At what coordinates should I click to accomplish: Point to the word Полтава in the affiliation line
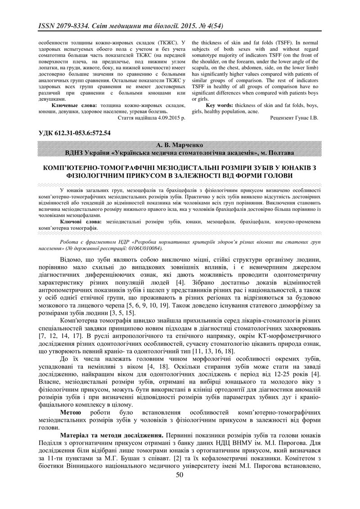(x=281, y=153)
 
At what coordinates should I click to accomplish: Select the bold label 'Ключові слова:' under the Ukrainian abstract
(x=80, y=222)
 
